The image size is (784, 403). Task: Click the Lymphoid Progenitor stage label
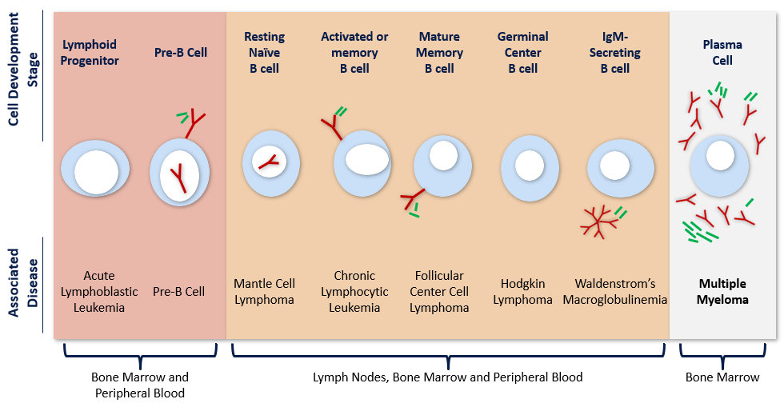coord(90,53)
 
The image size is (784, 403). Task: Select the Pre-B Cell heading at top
coord(180,53)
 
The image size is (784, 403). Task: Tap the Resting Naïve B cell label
coord(264,53)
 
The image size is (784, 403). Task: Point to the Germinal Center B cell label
coord(522,53)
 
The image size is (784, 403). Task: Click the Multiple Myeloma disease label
coord(723,292)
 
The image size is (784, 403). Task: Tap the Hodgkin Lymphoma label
coord(522,292)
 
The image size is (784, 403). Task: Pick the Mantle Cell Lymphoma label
coord(264,292)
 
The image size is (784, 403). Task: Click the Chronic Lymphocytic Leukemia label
coord(354,292)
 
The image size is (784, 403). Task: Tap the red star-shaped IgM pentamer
coord(598,221)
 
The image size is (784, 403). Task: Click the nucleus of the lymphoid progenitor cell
coord(97,173)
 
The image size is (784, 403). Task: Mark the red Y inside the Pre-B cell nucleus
coord(181,178)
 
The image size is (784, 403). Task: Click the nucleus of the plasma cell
coord(720,154)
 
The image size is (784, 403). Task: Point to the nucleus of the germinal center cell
coord(529,166)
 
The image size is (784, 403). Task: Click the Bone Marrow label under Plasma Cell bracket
coord(722,377)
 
